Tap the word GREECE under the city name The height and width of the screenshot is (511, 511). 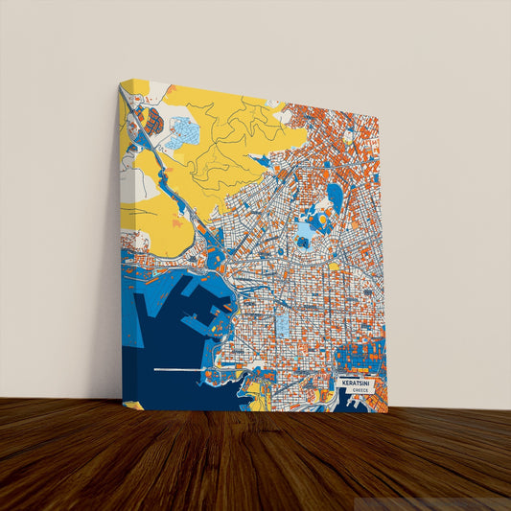pyautogui.click(x=359, y=391)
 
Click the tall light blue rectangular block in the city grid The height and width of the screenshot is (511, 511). pyautogui.click(x=282, y=322)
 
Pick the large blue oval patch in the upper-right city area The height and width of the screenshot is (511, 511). pyautogui.click(x=335, y=196)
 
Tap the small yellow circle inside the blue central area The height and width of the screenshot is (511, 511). pyautogui.click(x=322, y=220)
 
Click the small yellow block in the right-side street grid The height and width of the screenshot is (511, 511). pyautogui.click(x=335, y=267)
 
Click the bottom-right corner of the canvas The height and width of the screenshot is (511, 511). pyautogui.click(x=388, y=412)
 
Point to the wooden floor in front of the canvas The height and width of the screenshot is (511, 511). pyautogui.click(x=255, y=460)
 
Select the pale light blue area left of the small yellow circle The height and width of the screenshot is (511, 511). pyautogui.click(x=305, y=229)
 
